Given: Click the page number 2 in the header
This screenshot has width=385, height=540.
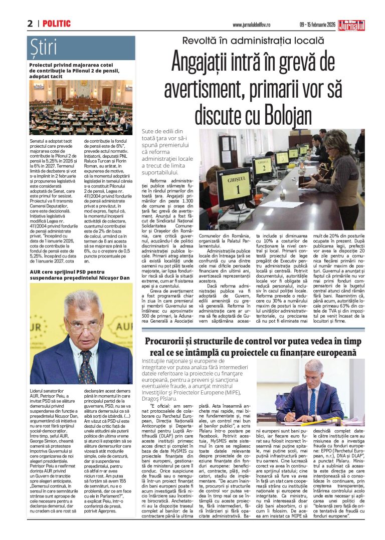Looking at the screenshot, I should [30, 24].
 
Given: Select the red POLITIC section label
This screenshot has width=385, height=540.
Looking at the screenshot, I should [57, 24].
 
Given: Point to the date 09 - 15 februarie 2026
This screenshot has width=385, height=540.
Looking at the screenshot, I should [314, 25].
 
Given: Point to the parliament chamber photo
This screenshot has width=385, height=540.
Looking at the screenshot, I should [81, 107].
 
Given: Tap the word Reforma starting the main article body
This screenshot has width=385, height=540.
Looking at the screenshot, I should [161, 180].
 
